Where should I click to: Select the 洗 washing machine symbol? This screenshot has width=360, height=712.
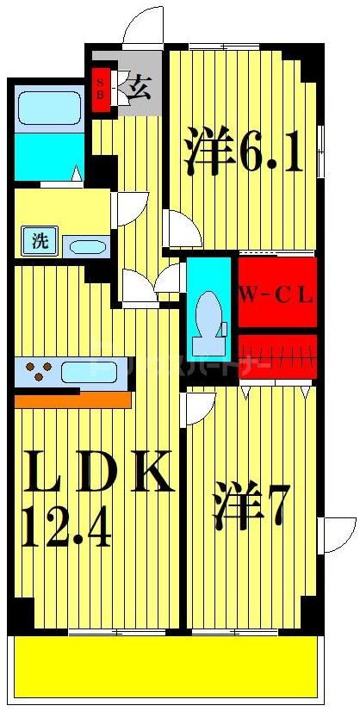pos(40,242)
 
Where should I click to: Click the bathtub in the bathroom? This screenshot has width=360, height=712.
pos(48,108)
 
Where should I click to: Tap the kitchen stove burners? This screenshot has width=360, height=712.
pos(38,372)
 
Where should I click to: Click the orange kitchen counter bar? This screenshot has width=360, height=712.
pos(72,400)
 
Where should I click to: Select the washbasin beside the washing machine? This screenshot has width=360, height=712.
pos(87,247)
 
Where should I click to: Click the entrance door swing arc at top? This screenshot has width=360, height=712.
pos(143,26)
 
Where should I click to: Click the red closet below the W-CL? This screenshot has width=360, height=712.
pos(276,356)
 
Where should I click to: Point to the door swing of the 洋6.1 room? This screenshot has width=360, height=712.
pos(183,230)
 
